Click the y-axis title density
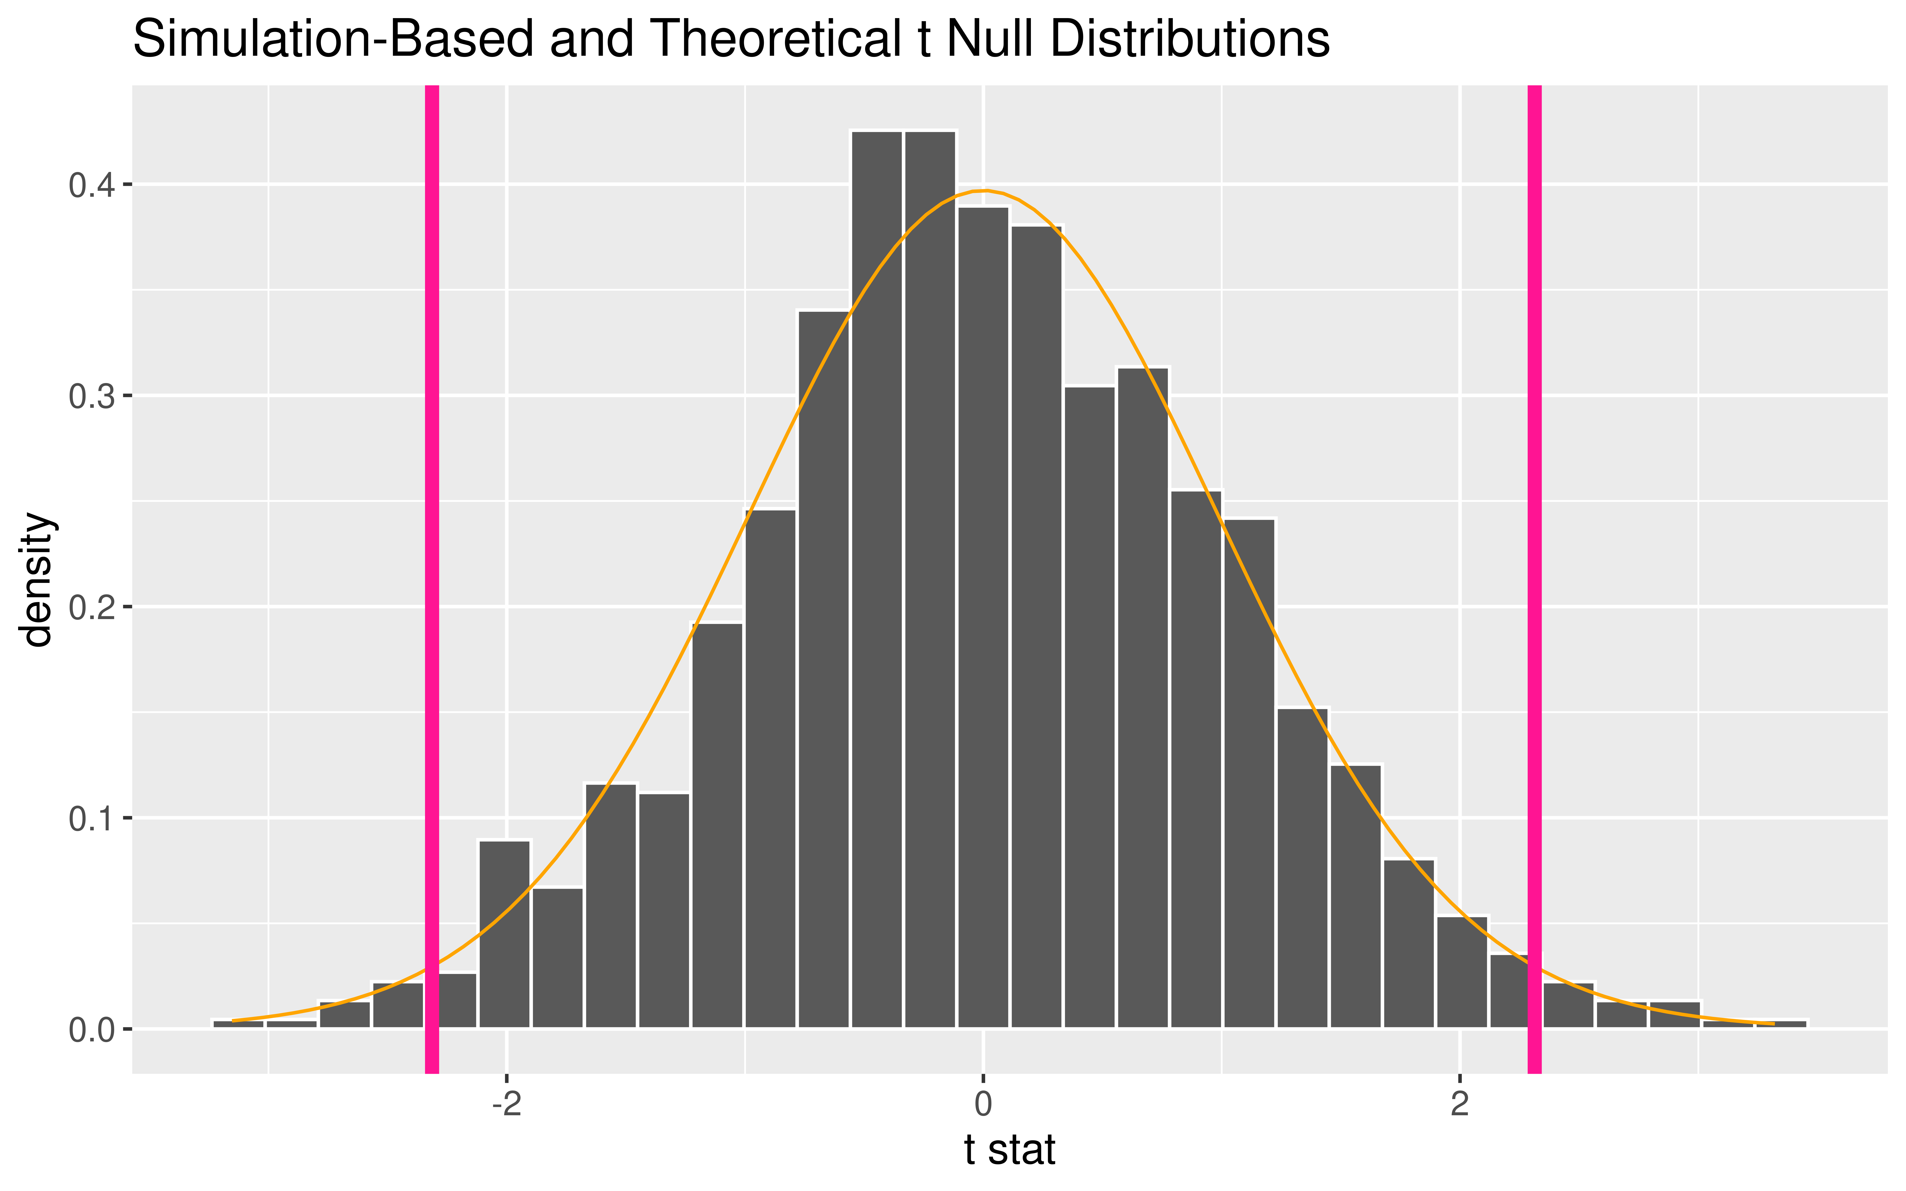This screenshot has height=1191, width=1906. coord(38,579)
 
